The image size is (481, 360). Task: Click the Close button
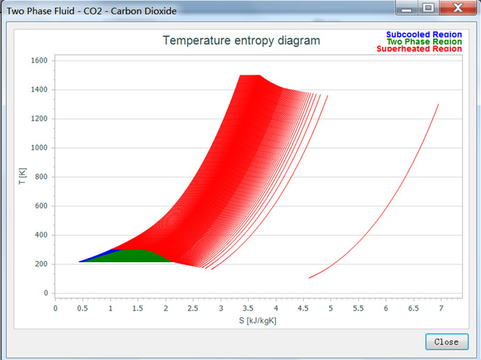[x=446, y=341]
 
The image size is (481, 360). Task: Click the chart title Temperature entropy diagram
[x=241, y=40]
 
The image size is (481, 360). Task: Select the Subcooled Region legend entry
[x=424, y=34]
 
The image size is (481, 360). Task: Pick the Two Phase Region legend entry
[x=424, y=41]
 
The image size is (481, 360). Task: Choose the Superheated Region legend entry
[x=419, y=49]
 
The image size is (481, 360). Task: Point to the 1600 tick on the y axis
[x=39, y=61]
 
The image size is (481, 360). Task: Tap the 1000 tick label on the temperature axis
[x=39, y=148]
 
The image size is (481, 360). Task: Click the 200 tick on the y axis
[x=41, y=264]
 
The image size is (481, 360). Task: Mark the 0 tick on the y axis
[x=45, y=293]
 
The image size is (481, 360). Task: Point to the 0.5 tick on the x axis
[x=83, y=308]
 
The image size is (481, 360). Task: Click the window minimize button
[x=406, y=8]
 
